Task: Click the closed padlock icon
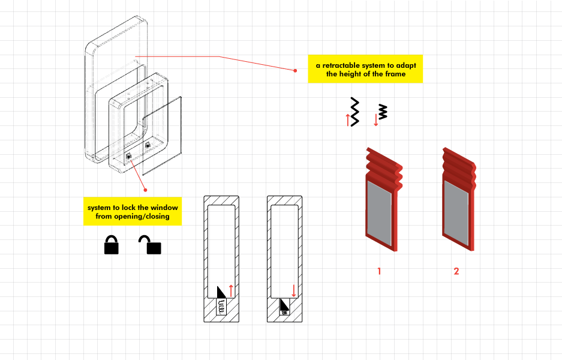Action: coord(111,245)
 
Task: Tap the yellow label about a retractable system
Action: coord(365,70)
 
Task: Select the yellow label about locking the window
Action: coord(133,212)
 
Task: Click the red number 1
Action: coord(379,271)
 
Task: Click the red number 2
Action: coord(456,271)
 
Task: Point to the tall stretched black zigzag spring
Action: coord(355,111)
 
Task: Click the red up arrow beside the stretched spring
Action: coord(347,119)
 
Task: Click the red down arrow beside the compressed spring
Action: coord(375,119)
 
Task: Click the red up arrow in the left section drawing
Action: coord(231,290)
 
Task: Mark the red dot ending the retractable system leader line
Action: coord(295,70)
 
